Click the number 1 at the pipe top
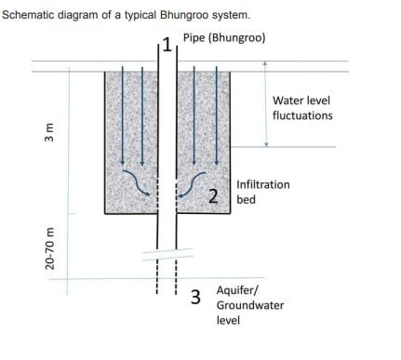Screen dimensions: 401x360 pyautogui.click(x=167, y=45)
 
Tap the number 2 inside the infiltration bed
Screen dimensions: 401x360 pyautogui.click(x=213, y=196)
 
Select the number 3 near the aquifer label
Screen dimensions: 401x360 pyautogui.click(x=195, y=297)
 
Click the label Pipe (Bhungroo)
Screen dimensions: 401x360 pyautogui.click(x=224, y=38)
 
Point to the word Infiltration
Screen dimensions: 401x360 pyautogui.click(x=263, y=184)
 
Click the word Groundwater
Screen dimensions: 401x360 pyautogui.click(x=250, y=305)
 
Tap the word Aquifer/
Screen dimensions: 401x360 pyautogui.click(x=237, y=290)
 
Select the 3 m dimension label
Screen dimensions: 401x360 pyautogui.click(x=49, y=132)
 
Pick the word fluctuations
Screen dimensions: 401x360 pyautogui.click(x=302, y=115)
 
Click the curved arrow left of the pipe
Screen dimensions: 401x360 pyautogui.click(x=137, y=182)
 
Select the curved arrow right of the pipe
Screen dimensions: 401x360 pyautogui.click(x=193, y=184)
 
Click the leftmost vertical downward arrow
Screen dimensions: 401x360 pyautogui.click(x=123, y=115)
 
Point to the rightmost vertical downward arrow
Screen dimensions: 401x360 pyautogui.click(x=217, y=115)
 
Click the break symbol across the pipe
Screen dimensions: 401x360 pyautogui.click(x=167, y=254)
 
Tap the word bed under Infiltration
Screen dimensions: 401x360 pyautogui.click(x=246, y=199)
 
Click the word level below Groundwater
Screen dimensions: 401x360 pyautogui.click(x=228, y=320)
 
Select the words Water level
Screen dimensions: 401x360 pyautogui.click(x=301, y=100)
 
